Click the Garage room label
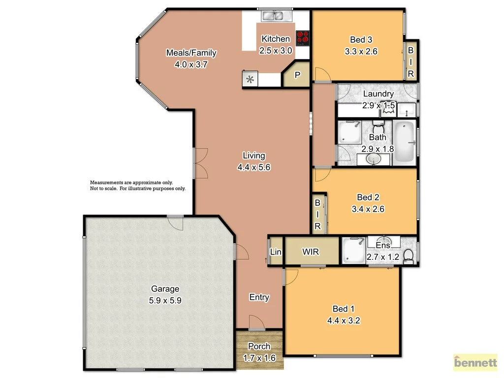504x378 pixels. pyautogui.click(x=165, y=289)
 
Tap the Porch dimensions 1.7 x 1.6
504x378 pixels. pyautogui.click(x=259, y=358)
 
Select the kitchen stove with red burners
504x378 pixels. pyautogui.click(x=302, y=37)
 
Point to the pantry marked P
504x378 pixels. pyautogui.click(x=297, y=75)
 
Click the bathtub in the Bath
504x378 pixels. pyautogui.click(x=405, y=142)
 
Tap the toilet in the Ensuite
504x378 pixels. pyautogui.click(x=408, y=256)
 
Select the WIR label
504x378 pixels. pyautogui.click(x=311, y=252)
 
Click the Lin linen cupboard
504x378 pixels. pyautogui.click(x=276, y=252)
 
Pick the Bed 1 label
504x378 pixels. pyautogui.click(x=344, y=309)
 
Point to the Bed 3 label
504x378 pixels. pyautogui.click(x=361, y=39)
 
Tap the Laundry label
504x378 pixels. pyautogui.click(x=378, y=94)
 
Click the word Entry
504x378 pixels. pyautogui.click(x=259, y=297)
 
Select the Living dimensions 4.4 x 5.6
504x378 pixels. pyautogui.click(x=254, y=167)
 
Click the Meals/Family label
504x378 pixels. pyautogui.click(x=191, y=53)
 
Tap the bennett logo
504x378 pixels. pyautogui.click(x=475, y=363)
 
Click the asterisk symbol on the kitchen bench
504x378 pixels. pyautogui.click(x=250, y=79)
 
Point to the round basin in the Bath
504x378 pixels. pyautogui.click(x=374, y=158)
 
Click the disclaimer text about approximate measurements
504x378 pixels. pyautogui.click(x=138, y=186)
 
